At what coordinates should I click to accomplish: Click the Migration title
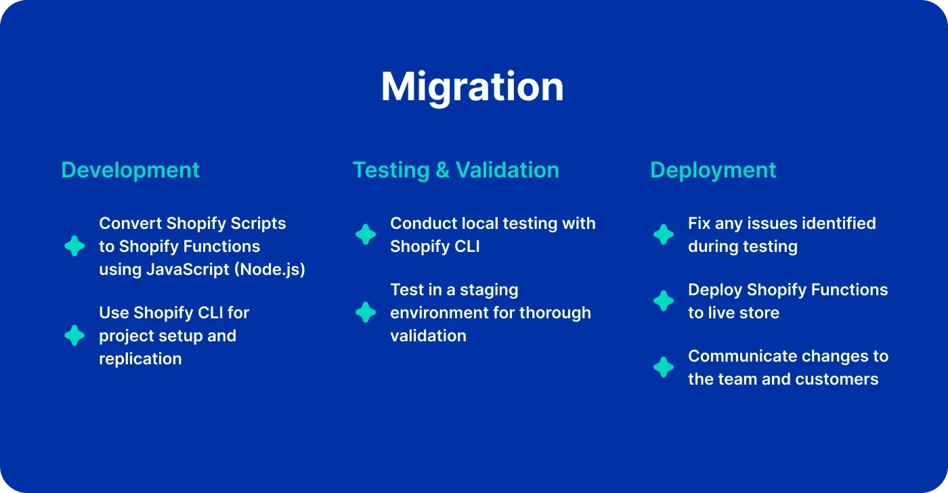[x=473, y=88]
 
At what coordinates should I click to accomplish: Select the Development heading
[x=130, y=171]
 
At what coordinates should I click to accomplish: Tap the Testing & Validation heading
[x=456, y=171]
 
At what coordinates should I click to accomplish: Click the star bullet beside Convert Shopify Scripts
[x=74, y=246]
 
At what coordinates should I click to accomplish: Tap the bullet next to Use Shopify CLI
[x=74, y=335]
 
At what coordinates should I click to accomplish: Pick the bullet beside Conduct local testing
[x=366, y=234]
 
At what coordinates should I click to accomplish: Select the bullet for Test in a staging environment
[x=366, y=312]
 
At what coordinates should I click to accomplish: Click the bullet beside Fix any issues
[x=664, y=234]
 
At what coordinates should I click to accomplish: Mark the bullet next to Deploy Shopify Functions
[x=664, y=301]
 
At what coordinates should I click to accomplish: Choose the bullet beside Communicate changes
[x=664, y=367]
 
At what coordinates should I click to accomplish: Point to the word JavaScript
[x=188, y=270]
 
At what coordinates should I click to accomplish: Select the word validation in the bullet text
[x=428, y=336]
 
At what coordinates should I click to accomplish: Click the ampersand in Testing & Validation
[x=442, y=171]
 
